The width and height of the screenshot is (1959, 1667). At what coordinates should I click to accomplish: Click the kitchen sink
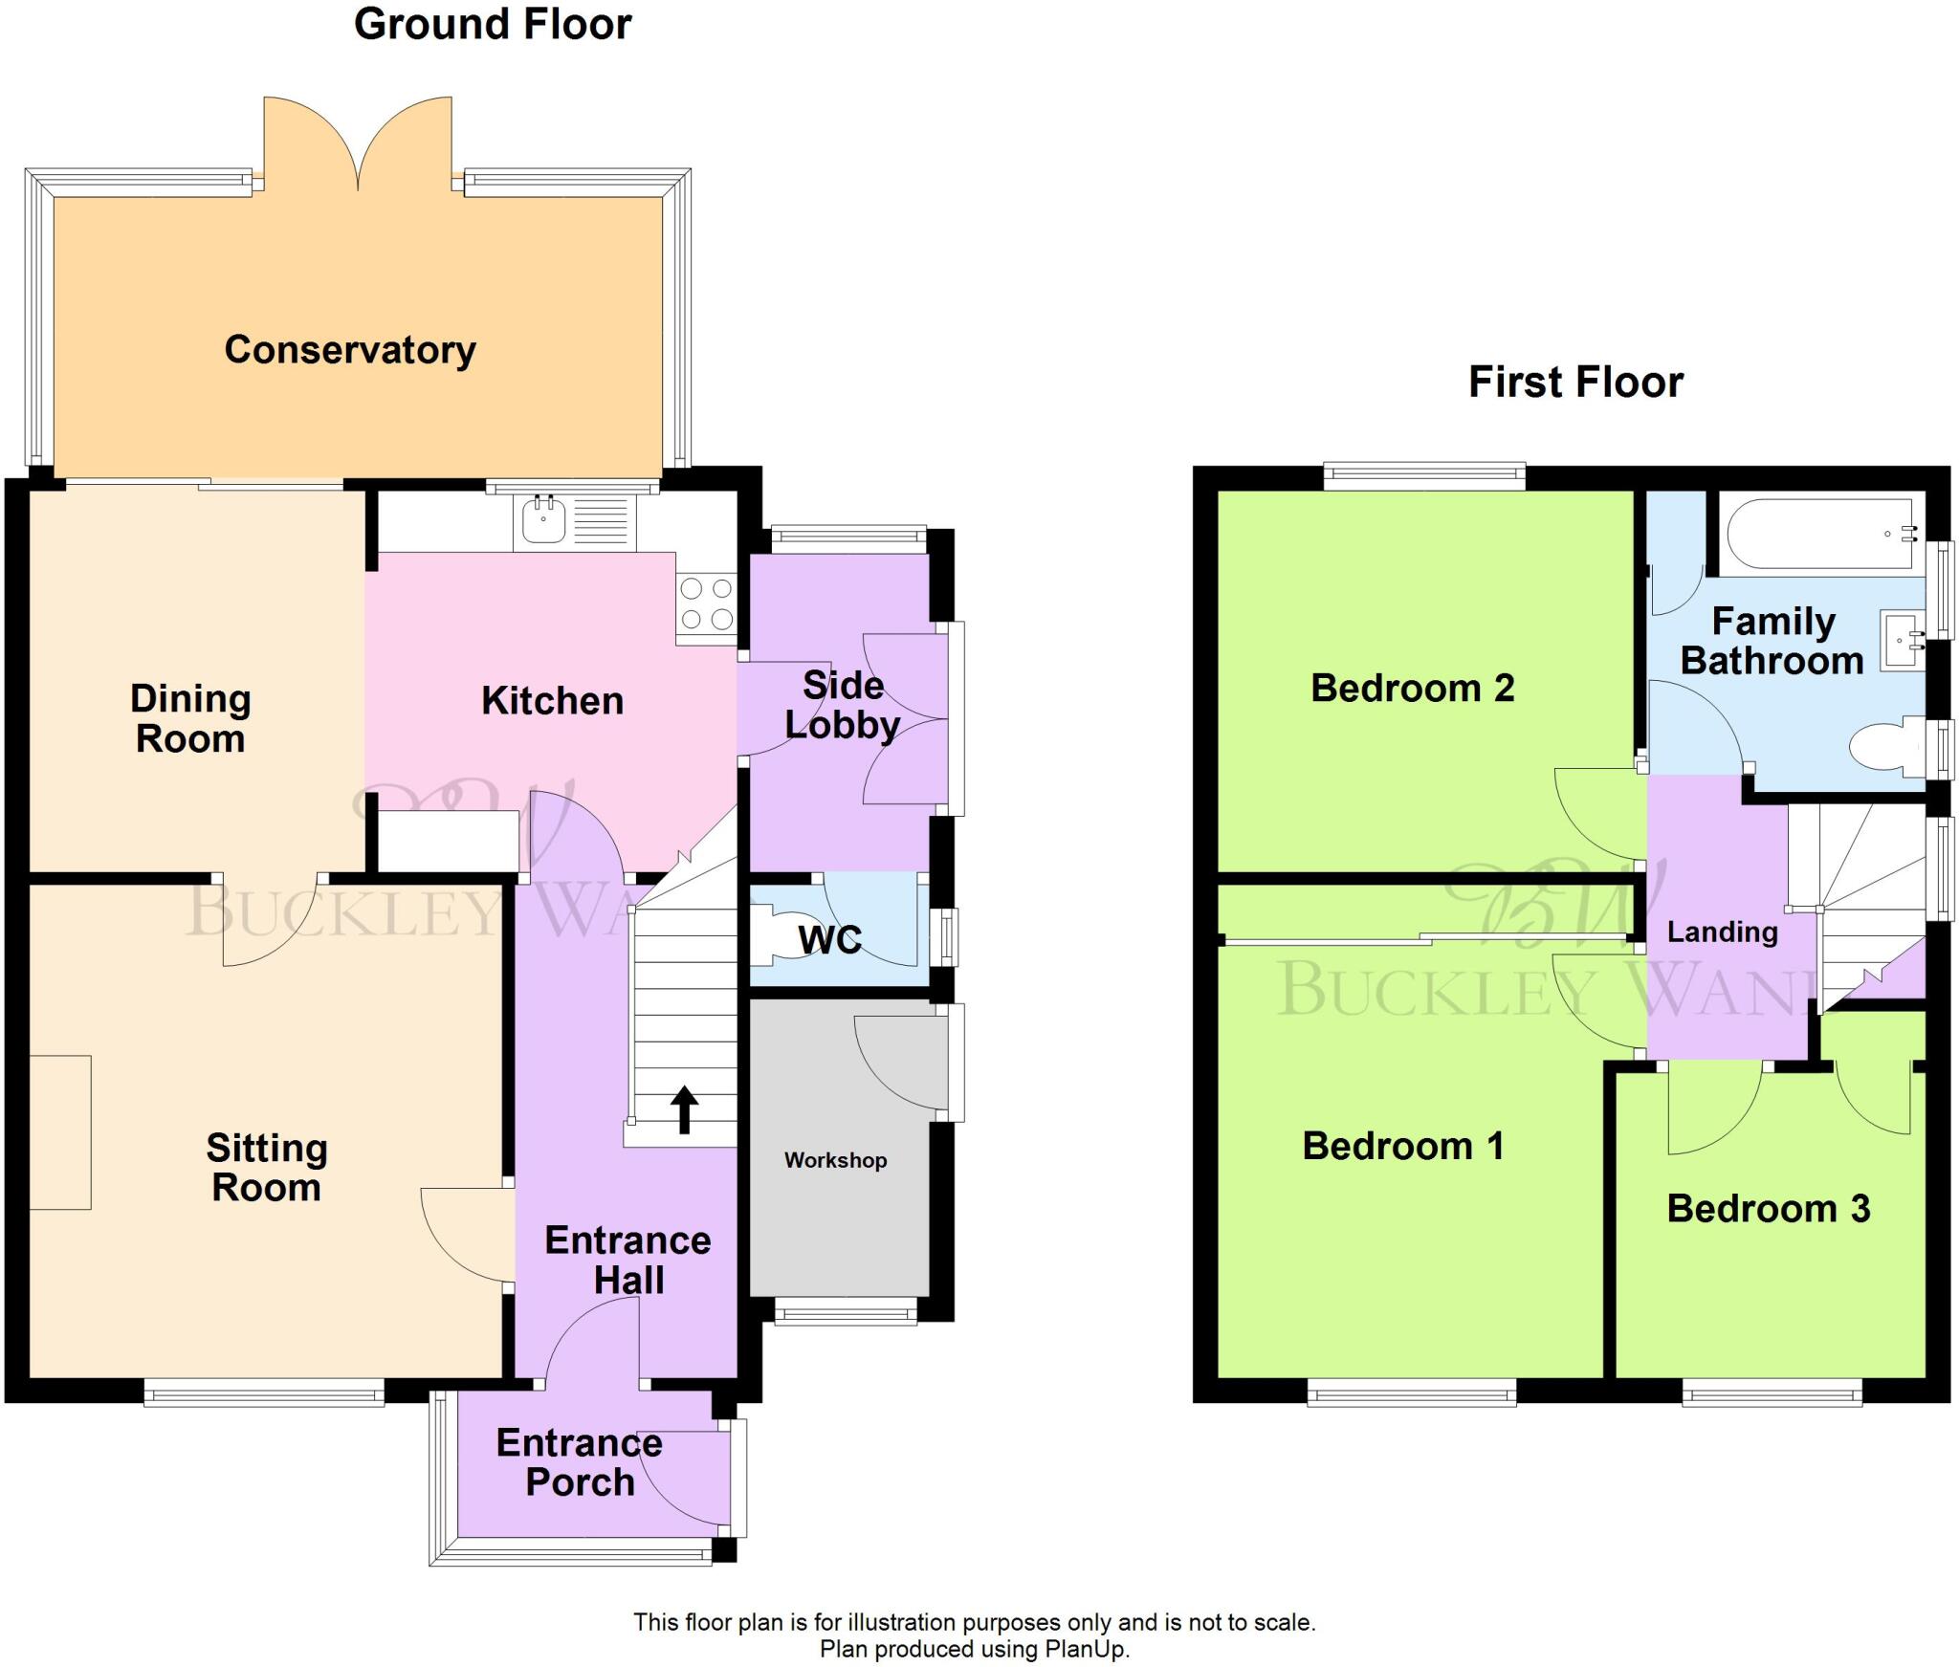[543, 520]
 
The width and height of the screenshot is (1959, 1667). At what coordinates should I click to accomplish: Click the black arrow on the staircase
[684, 1108]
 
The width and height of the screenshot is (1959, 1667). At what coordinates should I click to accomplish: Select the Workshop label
[835, 1160]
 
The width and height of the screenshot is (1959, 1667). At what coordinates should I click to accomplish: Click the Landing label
[1722, 932]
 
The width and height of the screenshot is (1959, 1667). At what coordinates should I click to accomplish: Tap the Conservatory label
[350, 350]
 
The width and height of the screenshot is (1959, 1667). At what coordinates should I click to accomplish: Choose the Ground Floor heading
[493, 25]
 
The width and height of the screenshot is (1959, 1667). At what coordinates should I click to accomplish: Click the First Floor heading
[1575, 383]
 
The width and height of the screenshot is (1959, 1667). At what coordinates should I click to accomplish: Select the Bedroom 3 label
[1768, 1209]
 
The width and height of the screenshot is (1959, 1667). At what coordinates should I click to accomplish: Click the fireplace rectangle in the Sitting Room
[59, 1132]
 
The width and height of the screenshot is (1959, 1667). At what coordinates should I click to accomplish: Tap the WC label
[829, 940]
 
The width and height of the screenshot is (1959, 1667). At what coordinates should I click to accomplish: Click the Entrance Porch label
[579, 1462]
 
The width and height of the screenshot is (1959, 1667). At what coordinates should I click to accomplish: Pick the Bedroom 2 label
[1412, 689]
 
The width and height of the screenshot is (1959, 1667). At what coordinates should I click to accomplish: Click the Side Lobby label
[842, 705]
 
